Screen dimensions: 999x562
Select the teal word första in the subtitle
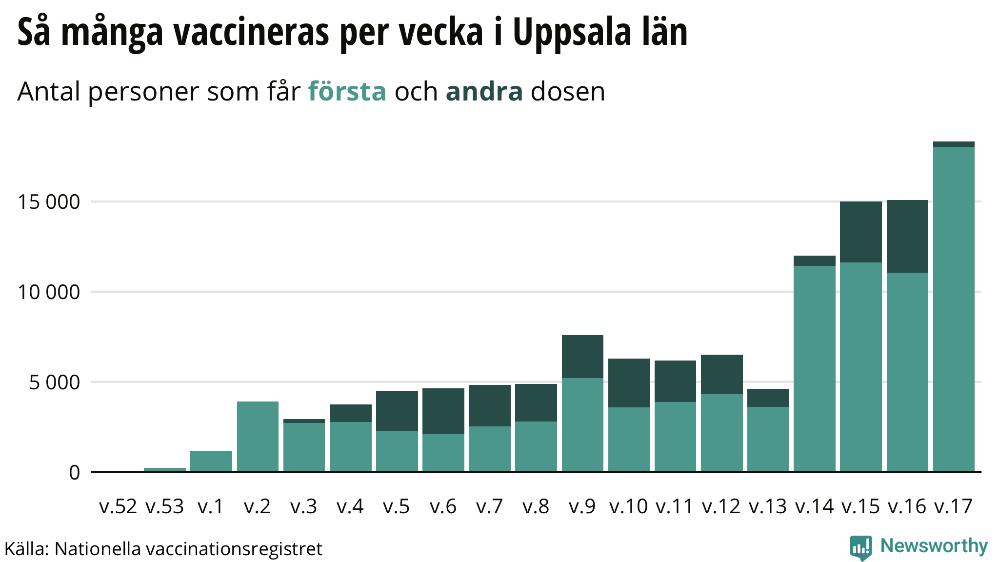(x=347, y=91)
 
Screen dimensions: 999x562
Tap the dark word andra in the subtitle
(x=484, y=91)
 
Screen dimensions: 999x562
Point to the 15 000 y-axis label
(x=49, y=201)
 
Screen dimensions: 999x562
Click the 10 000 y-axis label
(x=49, y=292)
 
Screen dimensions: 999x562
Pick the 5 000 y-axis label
(x=55, y=382)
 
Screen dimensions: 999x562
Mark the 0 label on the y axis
(x=75, y=472)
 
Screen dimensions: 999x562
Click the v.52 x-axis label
(x=118, y=506)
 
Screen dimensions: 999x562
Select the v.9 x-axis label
(x=582, y=506)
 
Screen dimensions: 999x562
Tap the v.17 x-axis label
(x=954, y=506)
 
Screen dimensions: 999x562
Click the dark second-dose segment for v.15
(x=861, y=232)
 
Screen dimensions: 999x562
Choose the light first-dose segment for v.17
(x=954, y=309)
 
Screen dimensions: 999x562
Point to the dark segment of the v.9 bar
(x=582, y=357)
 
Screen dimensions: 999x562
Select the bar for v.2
(x=258, y=437)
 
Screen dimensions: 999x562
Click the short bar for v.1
(x=211, y=462)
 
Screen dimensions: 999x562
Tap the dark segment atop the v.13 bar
(x=768, y=398)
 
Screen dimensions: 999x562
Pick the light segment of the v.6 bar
(x=443, y=453)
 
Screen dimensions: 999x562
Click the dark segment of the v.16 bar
(x=907, y=237)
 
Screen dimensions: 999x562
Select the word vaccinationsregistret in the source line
(x=234, y=549)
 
